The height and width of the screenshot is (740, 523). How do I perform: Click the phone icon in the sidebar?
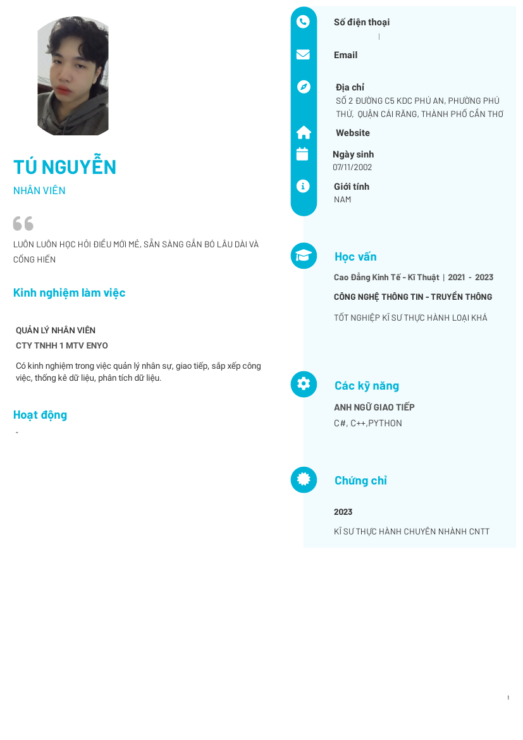[x=304, y=22]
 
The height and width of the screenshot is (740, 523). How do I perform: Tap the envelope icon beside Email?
[x=304, y=54]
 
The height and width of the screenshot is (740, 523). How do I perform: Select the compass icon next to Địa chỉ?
[x=304, y=87]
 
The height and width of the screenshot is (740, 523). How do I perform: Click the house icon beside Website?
[x=304, y=132]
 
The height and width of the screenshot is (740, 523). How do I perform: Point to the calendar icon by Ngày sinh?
[x=302, y=154]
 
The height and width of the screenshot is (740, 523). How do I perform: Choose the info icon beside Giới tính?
[x=304, y=186]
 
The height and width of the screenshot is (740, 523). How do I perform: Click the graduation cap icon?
[x=304, y=256]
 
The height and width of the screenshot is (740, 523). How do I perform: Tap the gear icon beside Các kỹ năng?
[x=304, y=384]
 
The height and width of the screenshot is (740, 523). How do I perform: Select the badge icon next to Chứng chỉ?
[x=304, y=479]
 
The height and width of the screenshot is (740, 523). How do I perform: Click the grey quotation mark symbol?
[x=23, y=223]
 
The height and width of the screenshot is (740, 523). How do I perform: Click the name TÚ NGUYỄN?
[x=65, y=167]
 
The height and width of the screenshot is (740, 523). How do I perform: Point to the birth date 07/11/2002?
[x=352, y=168]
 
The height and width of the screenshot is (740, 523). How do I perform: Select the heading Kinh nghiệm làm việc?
[x=70, y=293]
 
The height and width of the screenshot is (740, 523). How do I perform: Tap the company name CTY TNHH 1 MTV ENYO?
[x=62, y=346]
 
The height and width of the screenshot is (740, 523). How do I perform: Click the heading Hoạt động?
[x=40, y=415]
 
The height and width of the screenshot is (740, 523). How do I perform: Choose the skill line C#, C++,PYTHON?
[x=368, y=424]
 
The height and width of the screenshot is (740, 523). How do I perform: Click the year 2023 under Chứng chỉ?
[x=343, y=512]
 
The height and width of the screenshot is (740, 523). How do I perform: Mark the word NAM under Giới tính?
[x=343, y=200]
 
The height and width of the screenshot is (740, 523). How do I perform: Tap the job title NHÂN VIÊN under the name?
[x=39, y=191]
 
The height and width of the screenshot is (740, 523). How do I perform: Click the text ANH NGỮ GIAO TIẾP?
[x=374, y=408]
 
